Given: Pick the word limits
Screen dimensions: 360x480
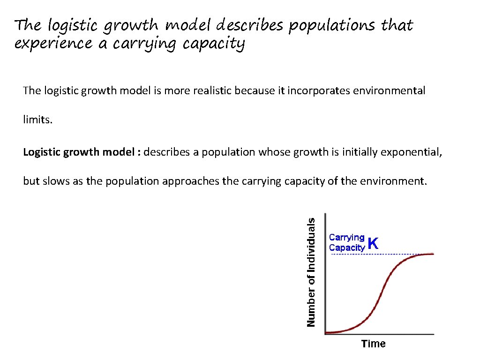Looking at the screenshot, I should tap(38, 120).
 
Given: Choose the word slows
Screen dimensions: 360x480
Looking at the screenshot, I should tap(55, 181).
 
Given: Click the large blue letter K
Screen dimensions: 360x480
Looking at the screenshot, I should tap(373, 243).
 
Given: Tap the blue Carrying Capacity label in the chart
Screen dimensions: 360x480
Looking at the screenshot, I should tap(347, 243).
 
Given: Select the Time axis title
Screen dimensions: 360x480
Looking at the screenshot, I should tap(373, 344).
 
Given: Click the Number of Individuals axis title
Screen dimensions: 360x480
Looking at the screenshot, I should tap(311, 270).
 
